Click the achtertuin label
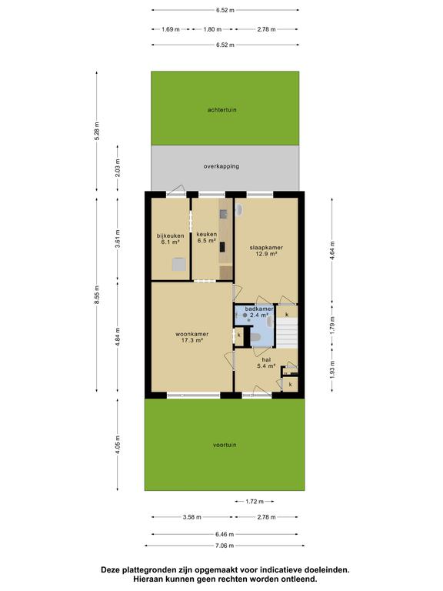(x=221, y=110)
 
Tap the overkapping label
(x=221, y=166)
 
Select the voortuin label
(x=225, y=445)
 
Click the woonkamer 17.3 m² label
(x=192, y=337)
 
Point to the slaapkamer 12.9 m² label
(x=266, y=251)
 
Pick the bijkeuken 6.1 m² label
(x=170, y=239)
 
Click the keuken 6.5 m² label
(x=206, y=238)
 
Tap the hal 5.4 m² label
(x=266, y=362)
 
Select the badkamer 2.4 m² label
(x=259, y=312)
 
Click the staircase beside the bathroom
(x=287, y=332)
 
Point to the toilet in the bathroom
(x=255, y=337)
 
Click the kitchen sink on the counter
(x=223, y=214)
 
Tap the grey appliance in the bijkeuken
(x=179, y=264)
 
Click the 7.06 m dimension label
(x=225, y=546)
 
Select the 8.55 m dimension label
(x=97, y=295)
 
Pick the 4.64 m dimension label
(x=332, y=251)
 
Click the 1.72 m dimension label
(x=255, y=501)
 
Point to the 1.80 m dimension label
(x=212, y=29)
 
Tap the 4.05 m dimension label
(x=118, y=445)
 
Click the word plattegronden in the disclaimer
(x=148, y=570)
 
